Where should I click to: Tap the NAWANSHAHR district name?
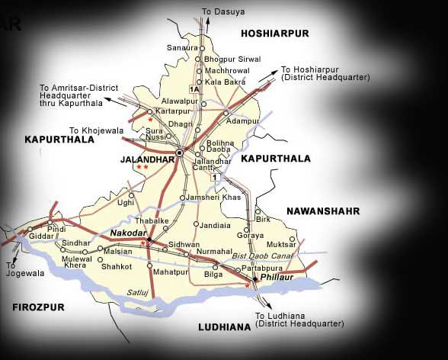click(323, 211)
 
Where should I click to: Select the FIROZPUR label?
click(38, 307)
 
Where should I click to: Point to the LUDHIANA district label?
click(224, 327)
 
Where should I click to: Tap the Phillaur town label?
click(277, 280)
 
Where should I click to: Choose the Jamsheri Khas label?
click(214, 198)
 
